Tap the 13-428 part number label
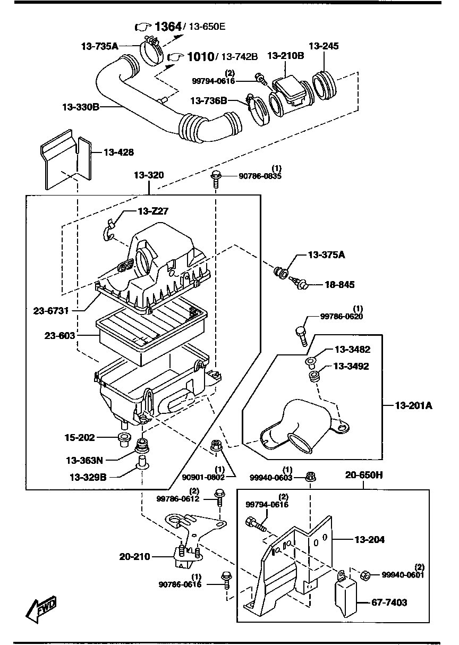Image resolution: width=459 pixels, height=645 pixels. tap(118, 152)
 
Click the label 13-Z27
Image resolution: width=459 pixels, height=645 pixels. tap(153, 211)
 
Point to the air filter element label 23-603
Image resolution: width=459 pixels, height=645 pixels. tap(59, 336)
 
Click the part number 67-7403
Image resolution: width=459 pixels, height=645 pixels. tap(389, 602)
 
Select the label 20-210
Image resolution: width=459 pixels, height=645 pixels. tap(135, 557)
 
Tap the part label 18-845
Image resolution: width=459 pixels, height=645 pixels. tap(339, 285)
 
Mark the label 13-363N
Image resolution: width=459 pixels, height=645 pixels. tap(84, 460)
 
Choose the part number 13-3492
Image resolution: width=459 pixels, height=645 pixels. tap(351, 366)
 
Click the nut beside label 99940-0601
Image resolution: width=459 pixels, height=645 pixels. tap(365, 575)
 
